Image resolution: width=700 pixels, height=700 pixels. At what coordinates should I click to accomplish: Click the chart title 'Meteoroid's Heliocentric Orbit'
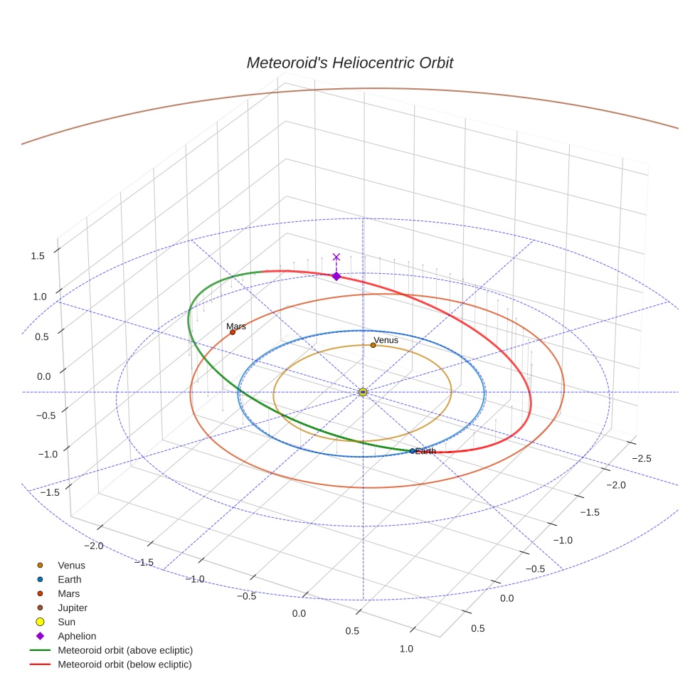(x=349, y=63)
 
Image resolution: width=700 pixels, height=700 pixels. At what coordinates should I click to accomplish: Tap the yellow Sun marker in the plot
(x=363, y=392)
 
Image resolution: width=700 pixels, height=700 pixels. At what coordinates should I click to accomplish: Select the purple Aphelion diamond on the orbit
(x=336, y=276)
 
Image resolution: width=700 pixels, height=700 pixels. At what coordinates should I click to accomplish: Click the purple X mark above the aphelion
(x=336, y=257)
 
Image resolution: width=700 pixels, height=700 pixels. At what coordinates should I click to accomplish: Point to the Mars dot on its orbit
(x=233, y=332)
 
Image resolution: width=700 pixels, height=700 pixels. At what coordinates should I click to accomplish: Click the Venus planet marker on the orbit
(x=373, y=346)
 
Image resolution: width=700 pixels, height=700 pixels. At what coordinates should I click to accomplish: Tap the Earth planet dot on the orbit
(x=413, y=451)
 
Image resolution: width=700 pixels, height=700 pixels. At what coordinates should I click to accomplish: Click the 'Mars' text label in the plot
(x=236, y=327)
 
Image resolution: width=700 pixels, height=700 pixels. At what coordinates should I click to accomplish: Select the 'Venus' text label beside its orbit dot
(x=386, y=340)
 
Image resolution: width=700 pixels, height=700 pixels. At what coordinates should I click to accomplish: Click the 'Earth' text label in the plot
(x=425, y=451)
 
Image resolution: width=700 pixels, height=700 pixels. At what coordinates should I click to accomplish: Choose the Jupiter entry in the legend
(x=73, y=608)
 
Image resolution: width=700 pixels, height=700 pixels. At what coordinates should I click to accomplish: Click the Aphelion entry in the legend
(x=77, y=636)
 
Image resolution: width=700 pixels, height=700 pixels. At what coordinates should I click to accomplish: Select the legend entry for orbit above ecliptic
(x=125, y=650)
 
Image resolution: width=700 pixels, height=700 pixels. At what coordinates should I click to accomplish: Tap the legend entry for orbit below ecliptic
(x=125, y=664)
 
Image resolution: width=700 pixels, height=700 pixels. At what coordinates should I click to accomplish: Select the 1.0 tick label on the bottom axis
(x=406, y=648)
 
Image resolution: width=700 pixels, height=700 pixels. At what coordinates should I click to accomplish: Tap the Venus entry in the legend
(x=71, y=566)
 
